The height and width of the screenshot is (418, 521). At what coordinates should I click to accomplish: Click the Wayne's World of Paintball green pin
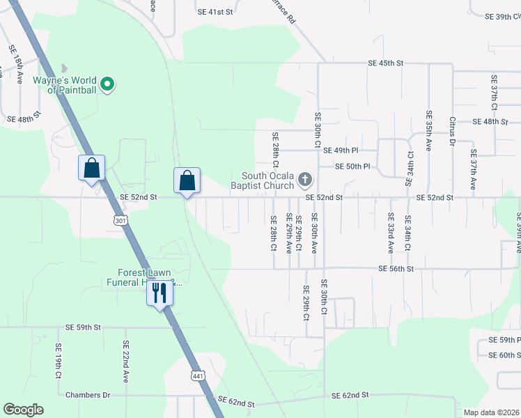pyautogui.click(x=107, y=85)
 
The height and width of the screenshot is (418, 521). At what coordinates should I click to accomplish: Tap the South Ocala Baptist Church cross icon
pyautogui.click(x=304, y=180)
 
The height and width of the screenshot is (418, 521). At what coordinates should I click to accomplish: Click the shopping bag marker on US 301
pyautogui.click(x=91, y=168)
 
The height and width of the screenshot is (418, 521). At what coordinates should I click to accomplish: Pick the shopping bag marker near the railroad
pyautogui.click(x=187, y=181)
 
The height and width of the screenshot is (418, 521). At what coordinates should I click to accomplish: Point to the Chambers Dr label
pyautogui.click(x=88, y=395)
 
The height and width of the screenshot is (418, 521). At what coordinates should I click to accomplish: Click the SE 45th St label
pyautogui.click(x=386, y=63)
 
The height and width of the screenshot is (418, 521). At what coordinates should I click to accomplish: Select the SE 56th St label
pyautogui.click(x=396, y=268)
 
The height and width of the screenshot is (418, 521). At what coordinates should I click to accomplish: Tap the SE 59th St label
pyautogui.click(x=84, y=327)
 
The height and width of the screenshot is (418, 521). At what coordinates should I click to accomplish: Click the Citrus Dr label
pyautogui.click(x=452, y=132)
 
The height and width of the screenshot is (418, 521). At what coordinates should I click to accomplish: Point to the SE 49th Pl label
pyautogui.click(x=341, y=150)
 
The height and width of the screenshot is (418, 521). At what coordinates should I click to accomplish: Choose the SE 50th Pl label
pyautogui.click(x=352, y=167)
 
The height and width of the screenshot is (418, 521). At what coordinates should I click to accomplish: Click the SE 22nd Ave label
pyautogui.click(x=126, y=361)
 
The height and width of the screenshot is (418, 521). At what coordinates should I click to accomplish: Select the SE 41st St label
pyautogui.click(x=214, y=13)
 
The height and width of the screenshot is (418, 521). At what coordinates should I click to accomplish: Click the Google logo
pyautogui.click(x=22, y=410)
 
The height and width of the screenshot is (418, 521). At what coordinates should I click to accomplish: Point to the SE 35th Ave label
pyautogui.click(x=429, y=131)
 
